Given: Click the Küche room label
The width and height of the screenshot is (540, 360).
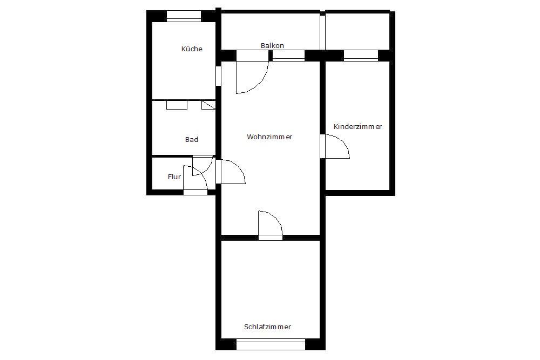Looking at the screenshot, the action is [192, 49].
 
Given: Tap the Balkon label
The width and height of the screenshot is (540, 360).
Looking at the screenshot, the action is [272, 45].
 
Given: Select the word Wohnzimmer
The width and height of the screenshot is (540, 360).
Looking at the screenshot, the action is [269, 137].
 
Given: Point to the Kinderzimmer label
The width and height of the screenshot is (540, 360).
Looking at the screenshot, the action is [357, 126].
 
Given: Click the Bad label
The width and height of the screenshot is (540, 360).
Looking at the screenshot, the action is [192, 139].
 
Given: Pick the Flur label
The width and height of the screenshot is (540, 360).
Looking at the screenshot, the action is [174, 176].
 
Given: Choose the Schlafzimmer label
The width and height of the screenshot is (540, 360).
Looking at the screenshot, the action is [268, 327].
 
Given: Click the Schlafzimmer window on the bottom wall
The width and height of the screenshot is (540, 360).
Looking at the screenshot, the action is [271, 344].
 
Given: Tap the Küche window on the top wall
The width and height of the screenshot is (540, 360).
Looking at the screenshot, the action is [184, 16].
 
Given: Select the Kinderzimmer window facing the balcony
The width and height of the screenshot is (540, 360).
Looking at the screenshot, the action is [361, 56].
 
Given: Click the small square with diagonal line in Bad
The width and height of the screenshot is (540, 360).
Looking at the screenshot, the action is [208, 105].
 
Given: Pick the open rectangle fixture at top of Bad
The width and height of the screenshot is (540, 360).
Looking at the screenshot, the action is [177, 105].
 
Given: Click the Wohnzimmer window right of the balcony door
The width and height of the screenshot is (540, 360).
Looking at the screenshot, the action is [288, 56].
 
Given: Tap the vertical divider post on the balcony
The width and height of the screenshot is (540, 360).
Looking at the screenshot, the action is [322, 31].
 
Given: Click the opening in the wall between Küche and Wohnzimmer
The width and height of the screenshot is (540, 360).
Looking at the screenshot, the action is [218, 76].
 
